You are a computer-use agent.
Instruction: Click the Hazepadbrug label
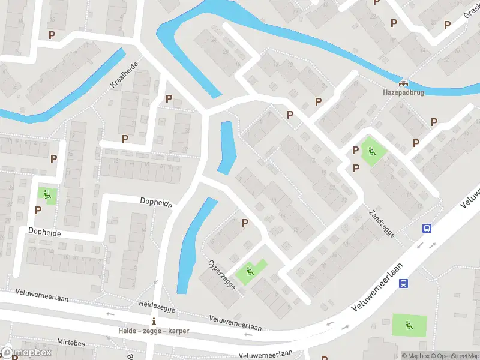[404, 93]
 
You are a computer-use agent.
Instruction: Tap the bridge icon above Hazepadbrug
[404, 83]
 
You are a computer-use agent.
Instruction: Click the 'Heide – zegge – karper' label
[154, 331]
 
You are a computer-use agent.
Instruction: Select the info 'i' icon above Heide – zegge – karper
[154, 320]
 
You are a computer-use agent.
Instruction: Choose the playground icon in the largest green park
[409, 325]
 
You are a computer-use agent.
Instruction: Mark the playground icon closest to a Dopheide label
[46, 194]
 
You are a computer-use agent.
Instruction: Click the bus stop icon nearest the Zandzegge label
[427, 228]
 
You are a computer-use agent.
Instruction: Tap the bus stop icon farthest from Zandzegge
[404, 284]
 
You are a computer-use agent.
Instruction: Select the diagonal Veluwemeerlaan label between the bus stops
[377, 286]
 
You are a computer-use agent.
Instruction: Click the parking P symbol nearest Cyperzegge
[245, 223]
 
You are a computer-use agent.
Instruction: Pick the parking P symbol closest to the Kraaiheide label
[169, 98]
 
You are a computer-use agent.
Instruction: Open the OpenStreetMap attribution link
[454, 356]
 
